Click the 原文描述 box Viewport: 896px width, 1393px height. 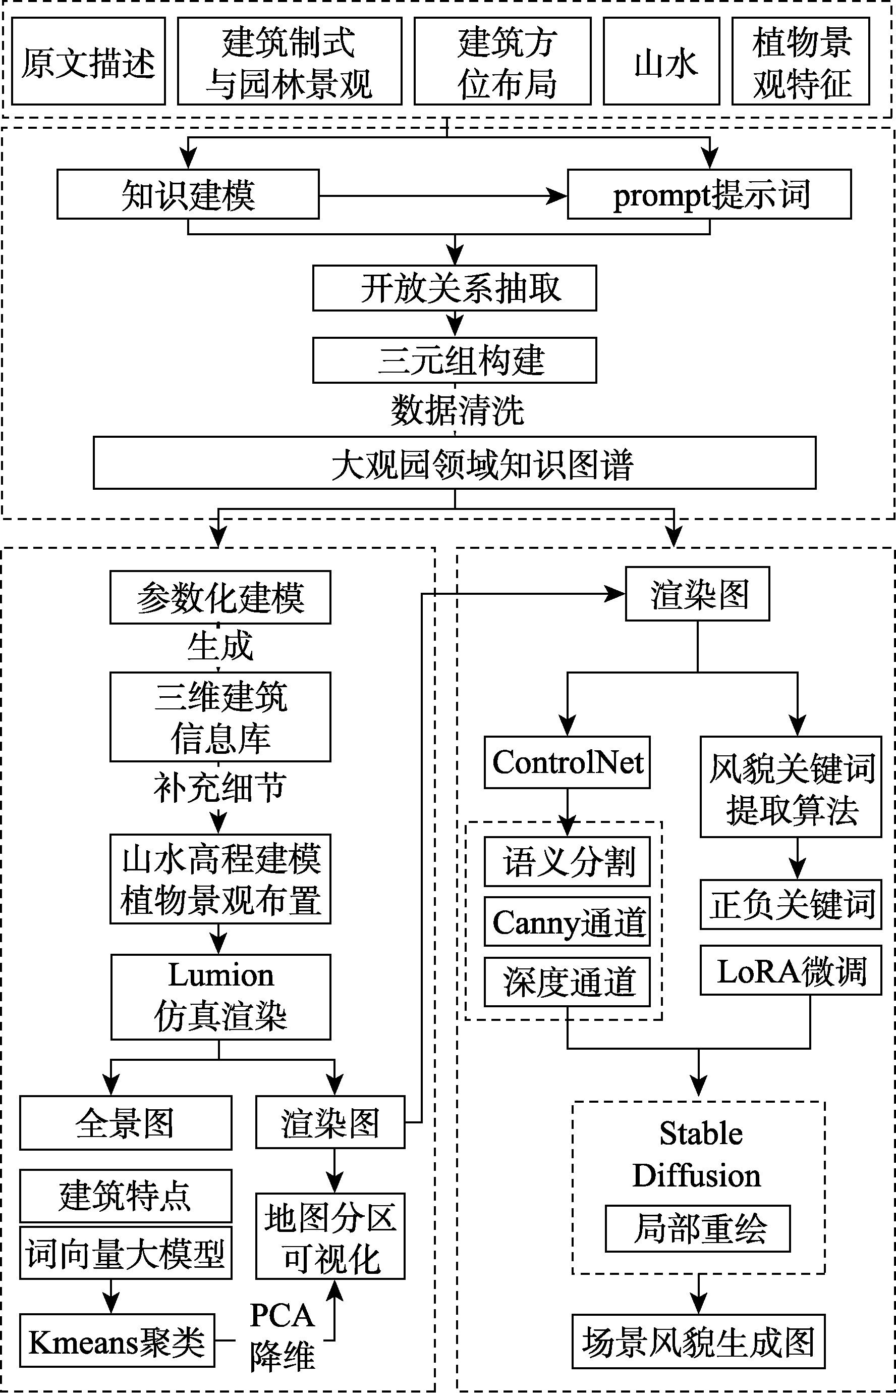[88, 62]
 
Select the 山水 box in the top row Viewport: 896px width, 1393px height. [661, 62]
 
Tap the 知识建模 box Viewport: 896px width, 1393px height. [188, 194]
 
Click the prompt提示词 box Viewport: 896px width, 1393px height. [709, 194]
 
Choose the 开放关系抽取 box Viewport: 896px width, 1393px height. [455, 288]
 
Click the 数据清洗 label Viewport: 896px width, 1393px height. [457, 410]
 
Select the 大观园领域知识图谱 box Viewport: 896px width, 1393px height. [455, 463]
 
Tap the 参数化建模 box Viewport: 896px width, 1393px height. [220, 597]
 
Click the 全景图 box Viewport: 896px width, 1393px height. [126, 1122]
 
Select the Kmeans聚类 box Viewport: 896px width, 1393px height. [117, 1340]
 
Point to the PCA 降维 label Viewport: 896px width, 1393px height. [283, 1335]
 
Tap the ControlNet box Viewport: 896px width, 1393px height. [567, 762]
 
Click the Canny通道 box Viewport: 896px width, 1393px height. [567, 922]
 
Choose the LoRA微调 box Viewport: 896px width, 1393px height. [791, 971]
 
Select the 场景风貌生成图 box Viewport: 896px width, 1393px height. [698, 1341]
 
